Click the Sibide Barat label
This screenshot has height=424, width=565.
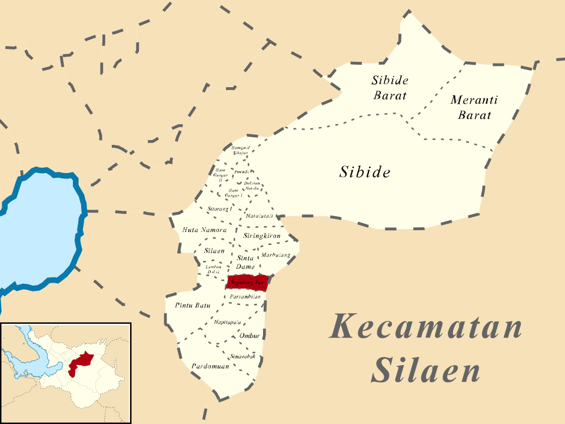390,87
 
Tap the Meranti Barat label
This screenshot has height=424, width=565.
474,107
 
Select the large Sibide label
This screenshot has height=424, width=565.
365,172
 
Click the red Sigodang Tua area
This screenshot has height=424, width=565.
247,283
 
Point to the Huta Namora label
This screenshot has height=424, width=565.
205,230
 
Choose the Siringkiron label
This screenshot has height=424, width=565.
262,236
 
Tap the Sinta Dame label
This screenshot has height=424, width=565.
245,263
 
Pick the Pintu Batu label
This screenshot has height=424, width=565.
192,305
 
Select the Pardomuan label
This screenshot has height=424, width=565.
210,366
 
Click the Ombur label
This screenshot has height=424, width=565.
250,336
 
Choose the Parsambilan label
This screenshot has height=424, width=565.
245,296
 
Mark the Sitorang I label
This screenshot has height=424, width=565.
221,208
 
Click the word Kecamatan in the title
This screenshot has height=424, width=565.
426,327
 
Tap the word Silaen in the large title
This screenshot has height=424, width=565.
426,371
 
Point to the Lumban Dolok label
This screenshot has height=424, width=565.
213,270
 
